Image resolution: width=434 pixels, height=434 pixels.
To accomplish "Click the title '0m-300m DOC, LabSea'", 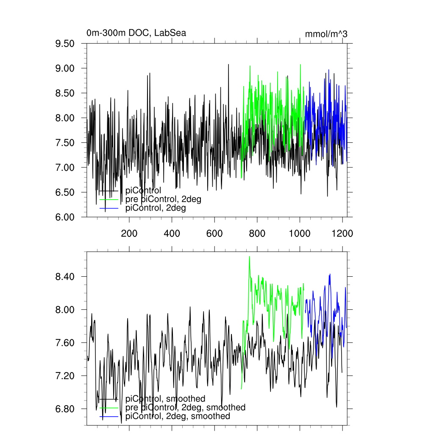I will (136, 33).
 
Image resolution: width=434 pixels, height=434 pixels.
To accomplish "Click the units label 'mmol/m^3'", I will (326, 34).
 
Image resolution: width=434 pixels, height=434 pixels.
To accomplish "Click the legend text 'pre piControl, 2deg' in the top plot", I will (163, 199).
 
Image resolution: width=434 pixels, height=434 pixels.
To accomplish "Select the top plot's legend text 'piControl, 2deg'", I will (156, 208).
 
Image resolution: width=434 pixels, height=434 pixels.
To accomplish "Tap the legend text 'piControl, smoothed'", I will (165, 399).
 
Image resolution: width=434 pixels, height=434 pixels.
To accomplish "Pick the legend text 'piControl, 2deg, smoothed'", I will (178, 417).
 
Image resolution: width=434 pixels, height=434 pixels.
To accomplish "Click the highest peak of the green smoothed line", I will (249, 256).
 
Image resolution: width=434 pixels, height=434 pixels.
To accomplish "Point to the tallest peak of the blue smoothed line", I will (329, 274).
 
